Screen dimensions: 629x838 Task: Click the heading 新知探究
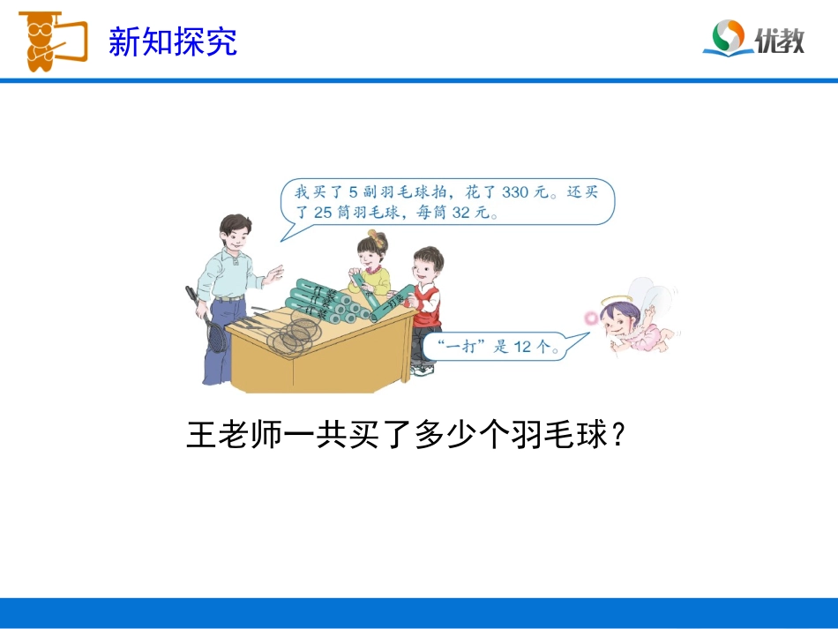[x=173, y=41]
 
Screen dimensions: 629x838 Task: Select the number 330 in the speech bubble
[x=518, y=191]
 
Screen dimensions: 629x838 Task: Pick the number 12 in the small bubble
[x=523, y=347]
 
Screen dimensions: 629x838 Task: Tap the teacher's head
[x=236, y=234]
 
